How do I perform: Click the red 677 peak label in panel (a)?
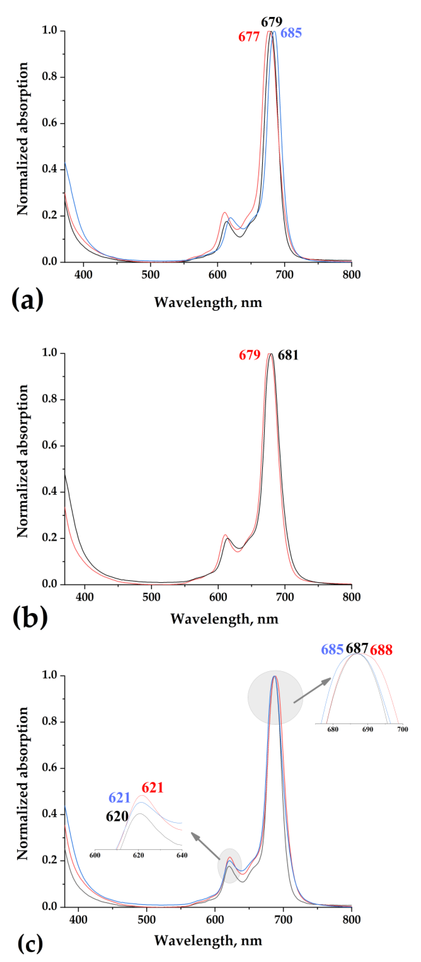(x=249, y=37)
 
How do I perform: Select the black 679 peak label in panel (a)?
(x=271, y=22)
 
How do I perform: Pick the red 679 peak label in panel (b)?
(x=249, y=355)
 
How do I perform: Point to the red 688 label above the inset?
(x=381, y=650)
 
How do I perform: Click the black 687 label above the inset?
(x=357, y=648)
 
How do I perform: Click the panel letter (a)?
(x=27, y=299)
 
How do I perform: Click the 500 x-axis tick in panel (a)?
(x=150, y=275)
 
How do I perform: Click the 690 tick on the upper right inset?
(x=367, y=729)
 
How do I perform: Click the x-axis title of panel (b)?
(x=224, y=619)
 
